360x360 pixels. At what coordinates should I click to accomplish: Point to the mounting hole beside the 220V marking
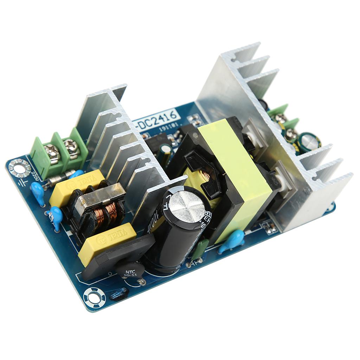pos(20,168)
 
